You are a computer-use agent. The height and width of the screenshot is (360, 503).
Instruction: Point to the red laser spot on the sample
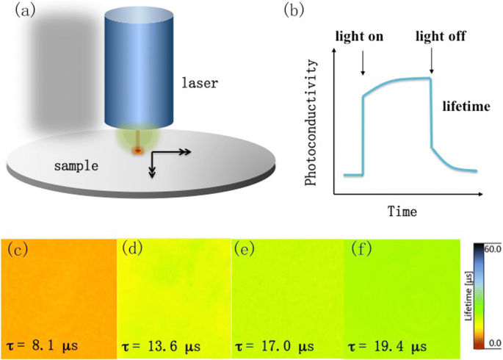point(137,151)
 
